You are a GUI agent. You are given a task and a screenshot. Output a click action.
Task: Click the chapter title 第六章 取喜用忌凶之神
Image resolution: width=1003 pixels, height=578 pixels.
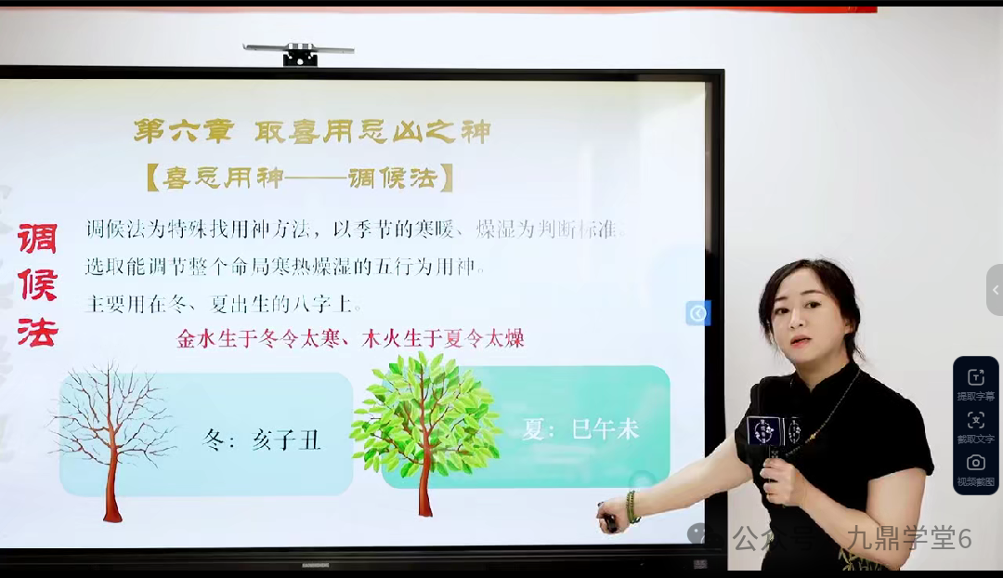[311, 131]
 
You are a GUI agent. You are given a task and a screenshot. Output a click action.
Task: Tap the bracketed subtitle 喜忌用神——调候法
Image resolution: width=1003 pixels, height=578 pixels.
[299, 177]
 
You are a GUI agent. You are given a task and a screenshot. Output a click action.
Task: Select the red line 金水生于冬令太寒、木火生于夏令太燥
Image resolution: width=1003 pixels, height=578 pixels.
[351, 338]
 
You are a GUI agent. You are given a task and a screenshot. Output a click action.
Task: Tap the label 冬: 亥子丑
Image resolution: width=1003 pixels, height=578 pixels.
[262, 439]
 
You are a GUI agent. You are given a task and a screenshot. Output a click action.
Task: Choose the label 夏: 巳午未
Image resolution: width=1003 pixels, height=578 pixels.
[580, 429]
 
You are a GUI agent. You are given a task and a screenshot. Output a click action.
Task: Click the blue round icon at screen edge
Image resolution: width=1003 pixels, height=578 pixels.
[697, 313]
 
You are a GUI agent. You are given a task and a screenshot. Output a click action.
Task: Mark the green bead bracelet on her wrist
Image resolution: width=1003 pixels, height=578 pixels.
[632, 507]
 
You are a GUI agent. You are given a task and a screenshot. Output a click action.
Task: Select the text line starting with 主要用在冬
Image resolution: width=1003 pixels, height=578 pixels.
[223, 304]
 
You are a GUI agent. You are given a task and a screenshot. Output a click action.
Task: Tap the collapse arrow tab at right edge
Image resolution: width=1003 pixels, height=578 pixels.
[995, 290]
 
